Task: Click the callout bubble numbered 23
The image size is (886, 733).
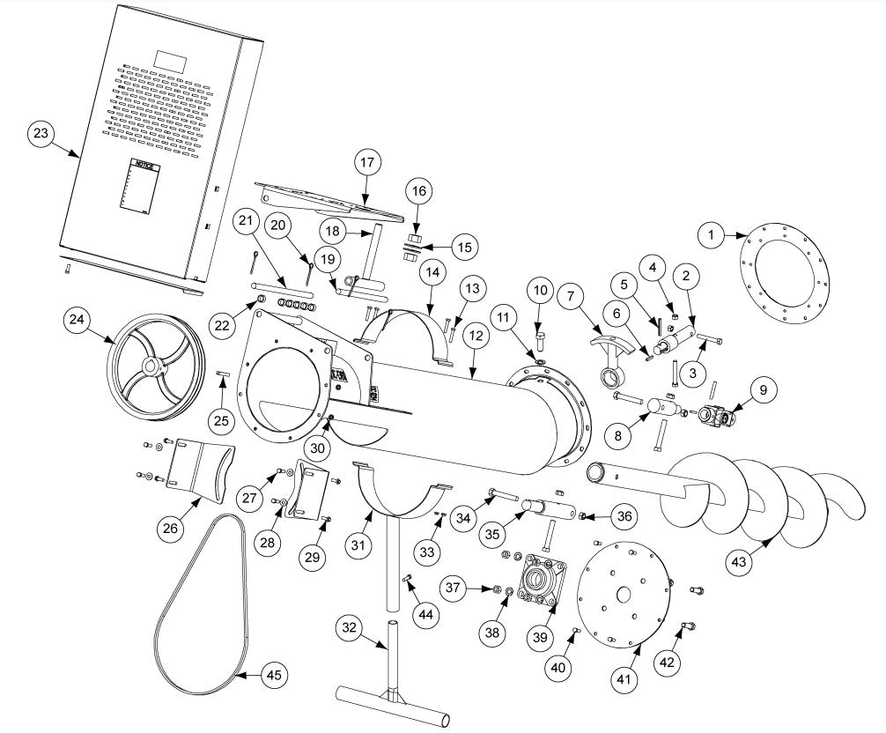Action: (x=41, y=134)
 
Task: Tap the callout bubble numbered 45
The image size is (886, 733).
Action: (x=275, y=676)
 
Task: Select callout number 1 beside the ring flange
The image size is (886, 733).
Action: (x=710, y=234)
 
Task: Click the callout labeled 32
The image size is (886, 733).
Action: (x=351, y=626)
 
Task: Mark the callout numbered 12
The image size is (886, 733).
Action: (x=476, y=336)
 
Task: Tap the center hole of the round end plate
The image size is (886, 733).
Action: (x=625, y=595)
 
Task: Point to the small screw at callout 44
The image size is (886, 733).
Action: (x=409, y=579)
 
